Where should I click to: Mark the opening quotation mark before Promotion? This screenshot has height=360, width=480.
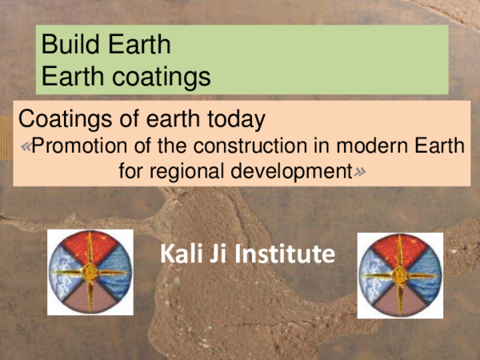point(27,147)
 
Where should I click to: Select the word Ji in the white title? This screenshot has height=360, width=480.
point(224,254)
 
